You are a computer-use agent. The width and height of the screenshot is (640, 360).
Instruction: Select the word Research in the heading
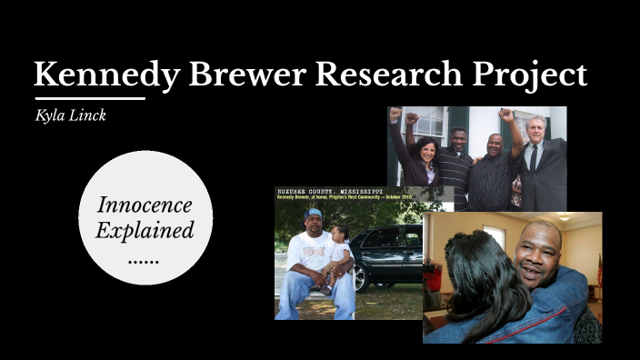point(371,75)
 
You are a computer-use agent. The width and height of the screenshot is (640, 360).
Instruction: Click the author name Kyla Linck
point(71,115)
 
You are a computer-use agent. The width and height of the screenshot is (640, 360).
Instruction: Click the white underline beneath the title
point(89,97)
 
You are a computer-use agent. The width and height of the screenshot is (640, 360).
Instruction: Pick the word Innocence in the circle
point(145,205)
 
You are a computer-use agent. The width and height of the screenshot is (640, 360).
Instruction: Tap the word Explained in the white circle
point(145,230)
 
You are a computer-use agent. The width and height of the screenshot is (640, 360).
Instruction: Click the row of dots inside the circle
point(145,257)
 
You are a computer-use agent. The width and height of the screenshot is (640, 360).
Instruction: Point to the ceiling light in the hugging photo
point(565,218)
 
